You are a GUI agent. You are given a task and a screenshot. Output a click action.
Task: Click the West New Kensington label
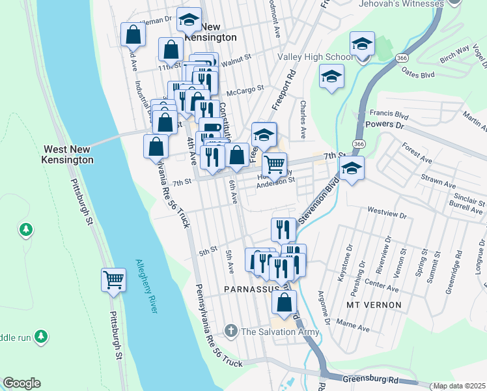(68, 154)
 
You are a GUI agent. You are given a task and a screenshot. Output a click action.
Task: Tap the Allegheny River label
(146, 286)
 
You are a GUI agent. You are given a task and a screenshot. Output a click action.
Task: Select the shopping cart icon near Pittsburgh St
(113, 280)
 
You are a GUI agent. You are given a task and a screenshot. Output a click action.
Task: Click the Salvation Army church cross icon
(230, 331)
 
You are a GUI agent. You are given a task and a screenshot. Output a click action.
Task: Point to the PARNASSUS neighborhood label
(251, 288)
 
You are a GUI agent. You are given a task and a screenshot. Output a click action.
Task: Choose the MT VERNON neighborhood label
(372, 304)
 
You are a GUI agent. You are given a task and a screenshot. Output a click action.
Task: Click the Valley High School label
(316, 57)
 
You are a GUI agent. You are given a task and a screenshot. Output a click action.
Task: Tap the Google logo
(21, 383)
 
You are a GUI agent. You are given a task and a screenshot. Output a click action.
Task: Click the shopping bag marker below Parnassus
(284, 302)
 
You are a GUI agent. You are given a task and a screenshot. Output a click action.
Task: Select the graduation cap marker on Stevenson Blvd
(352, 168)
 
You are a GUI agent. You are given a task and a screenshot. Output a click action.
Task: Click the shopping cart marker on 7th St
(275, 164)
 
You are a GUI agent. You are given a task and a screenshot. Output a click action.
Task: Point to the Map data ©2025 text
(460, 386)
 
